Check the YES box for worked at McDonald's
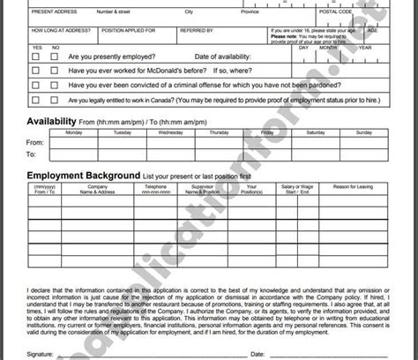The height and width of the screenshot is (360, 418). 35,70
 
